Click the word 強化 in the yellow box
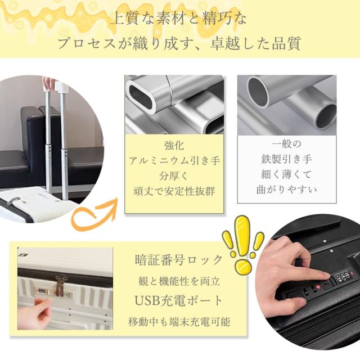point(173,145)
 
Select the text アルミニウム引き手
point(173,160)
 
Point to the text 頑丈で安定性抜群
point(173,191)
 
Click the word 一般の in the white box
point(286,144)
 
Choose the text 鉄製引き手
point(286,160)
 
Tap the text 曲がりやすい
point(286,190)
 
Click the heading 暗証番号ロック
point(179,260)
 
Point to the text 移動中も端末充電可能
point(179,322)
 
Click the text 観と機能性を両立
point(179,281)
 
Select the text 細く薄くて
point(286,175)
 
